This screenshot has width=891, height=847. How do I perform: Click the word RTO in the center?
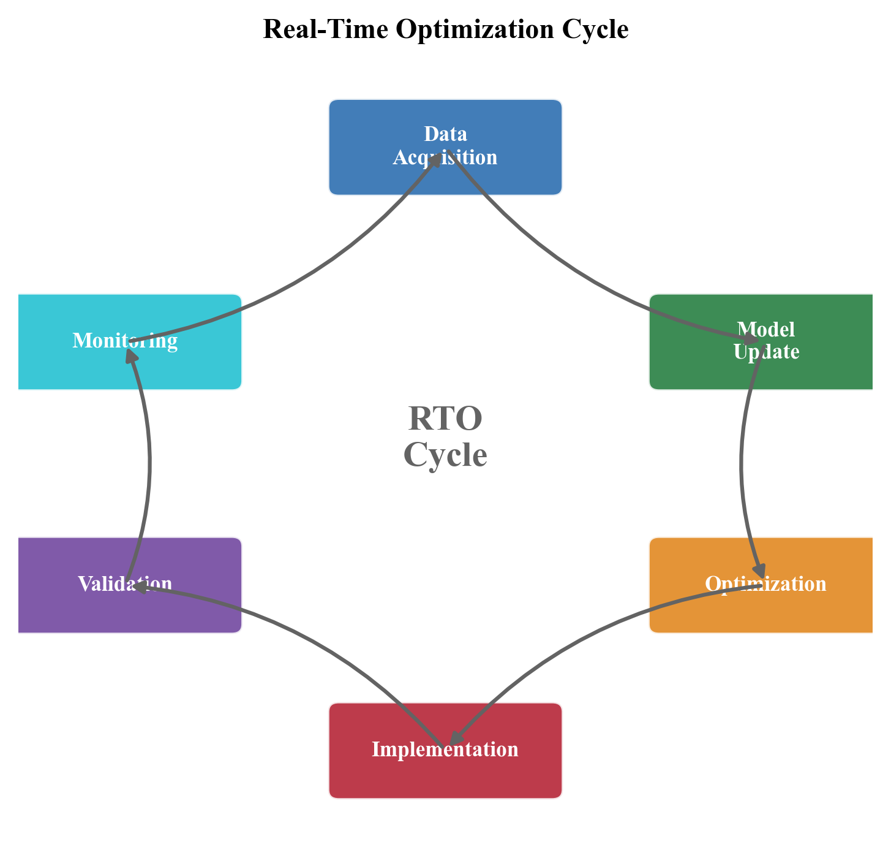(x=445, y=419)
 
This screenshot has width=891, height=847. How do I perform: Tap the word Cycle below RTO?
(x=445, y=455)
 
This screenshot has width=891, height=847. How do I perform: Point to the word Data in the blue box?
(x=445, y=134)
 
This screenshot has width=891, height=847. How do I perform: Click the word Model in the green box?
(x=765, y=329)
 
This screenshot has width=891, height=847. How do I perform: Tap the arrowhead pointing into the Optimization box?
(x=760, y=570)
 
